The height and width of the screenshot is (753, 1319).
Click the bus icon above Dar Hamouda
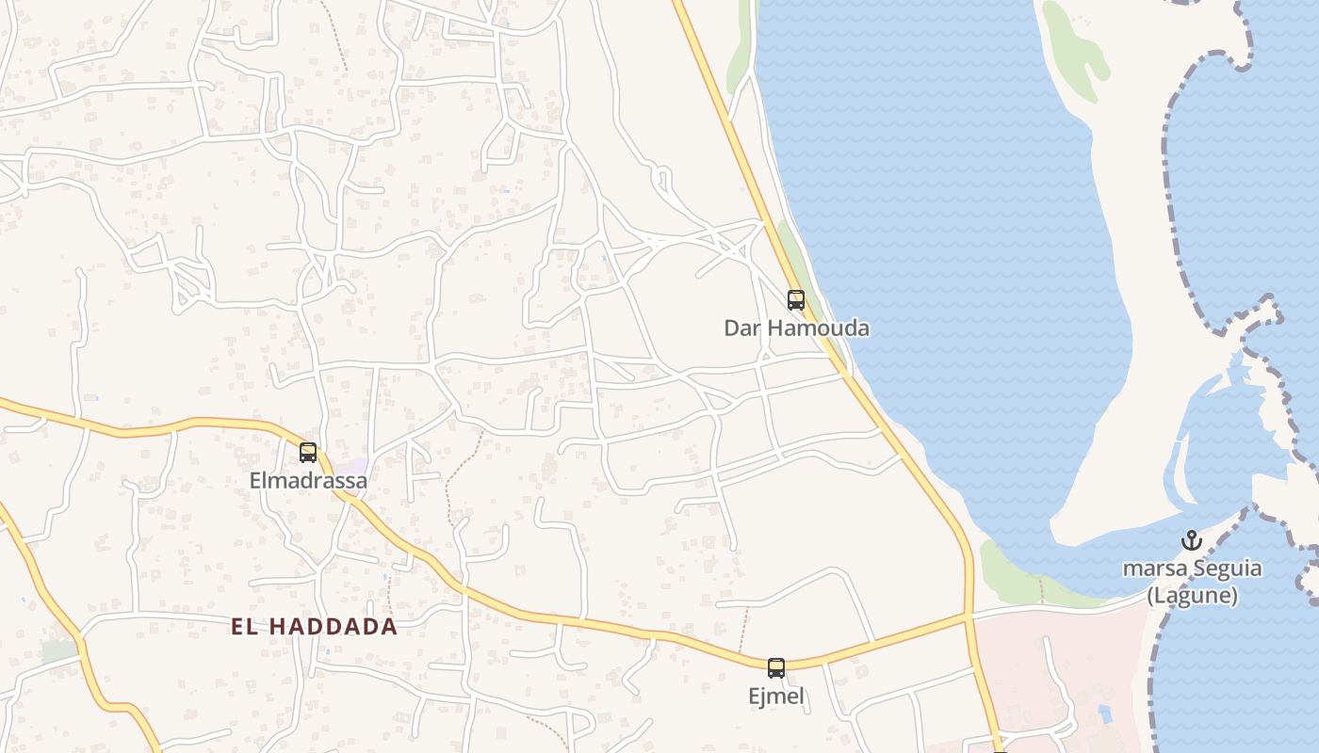(796, 300)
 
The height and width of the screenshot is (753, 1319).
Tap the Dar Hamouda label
(796, 328)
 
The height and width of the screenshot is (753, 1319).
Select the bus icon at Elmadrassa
(308, 453)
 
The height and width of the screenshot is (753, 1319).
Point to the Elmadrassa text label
(308, 481)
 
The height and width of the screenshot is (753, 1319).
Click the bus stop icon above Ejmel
(776, 668)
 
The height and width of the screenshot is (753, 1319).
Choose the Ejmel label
(776, 697)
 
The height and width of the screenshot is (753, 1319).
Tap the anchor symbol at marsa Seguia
(1192, 541)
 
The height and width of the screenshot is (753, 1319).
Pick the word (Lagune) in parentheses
(1192, 596)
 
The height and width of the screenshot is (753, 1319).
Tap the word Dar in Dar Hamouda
(742, 328)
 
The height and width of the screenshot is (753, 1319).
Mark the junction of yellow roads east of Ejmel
(969, 617)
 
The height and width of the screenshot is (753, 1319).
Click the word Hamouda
(818, 328)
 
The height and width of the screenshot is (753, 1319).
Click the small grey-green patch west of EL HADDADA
(58, 650)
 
